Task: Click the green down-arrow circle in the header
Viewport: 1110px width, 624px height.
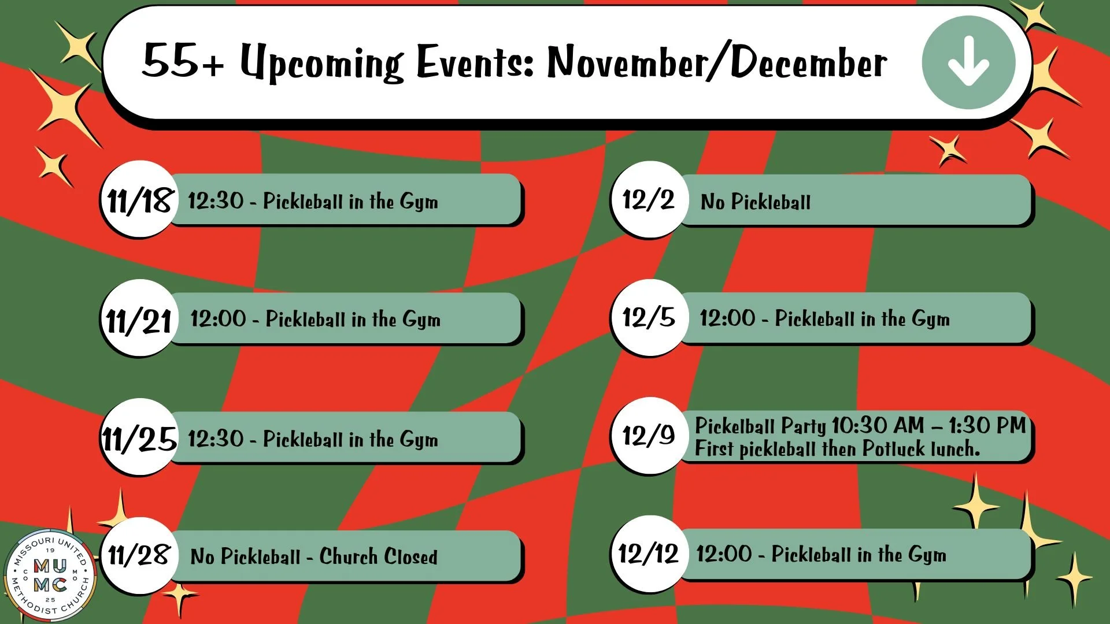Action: pyautogui.click(x=968, y=62)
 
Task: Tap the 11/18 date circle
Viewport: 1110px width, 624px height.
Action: pyautogui.click(x=139, y=200)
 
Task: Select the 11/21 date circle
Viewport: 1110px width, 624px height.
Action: pyautogui.click(x=139, y=319)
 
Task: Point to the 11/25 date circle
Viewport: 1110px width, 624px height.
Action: pyautogui.click(x=139, y=438)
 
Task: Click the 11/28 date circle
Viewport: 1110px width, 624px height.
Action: pyautogui.click(x=139, y=555)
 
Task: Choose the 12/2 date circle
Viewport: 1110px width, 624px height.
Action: pyautogui.click(x=649, y=200)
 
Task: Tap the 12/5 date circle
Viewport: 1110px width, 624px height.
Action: pyautogui.click(x=649, y=317)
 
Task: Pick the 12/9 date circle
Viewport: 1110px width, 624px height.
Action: pyautogui.click(x=649, y=436)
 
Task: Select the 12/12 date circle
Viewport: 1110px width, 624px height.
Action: pyautogui.click(x=649, y=554)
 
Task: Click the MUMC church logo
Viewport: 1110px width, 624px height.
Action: pyautogui.click(x=51, y=575)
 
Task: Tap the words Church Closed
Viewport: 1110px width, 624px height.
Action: pyautogui.click(x=378, y=556)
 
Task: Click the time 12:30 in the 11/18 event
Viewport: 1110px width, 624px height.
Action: pyautogui.click(x=216, y=201)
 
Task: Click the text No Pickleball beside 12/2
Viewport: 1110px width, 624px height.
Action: pyautogui.click(x=755, y=202)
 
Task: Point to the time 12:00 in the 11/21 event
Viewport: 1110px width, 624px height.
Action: pyautogui.click(x=218, y=319)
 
